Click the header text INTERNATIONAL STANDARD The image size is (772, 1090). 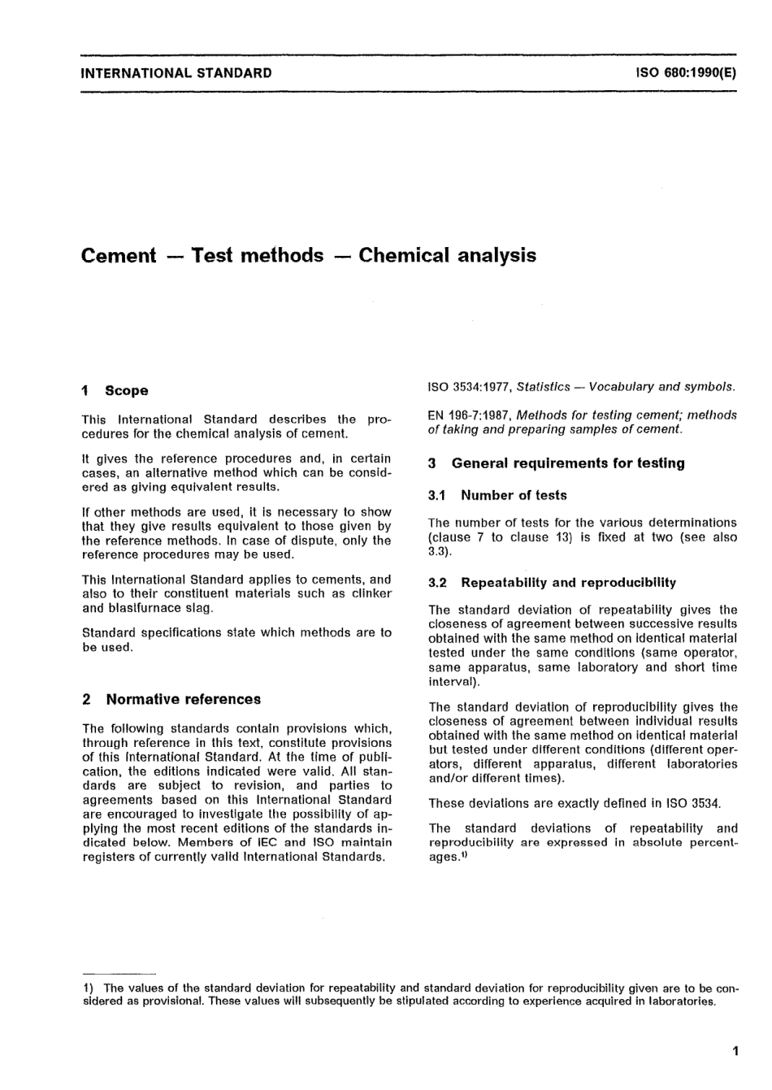(x=176, y=73)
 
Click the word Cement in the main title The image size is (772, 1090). (x=119, y=256)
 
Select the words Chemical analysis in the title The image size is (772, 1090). (x=447, y=256)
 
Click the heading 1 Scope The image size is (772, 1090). (x=115, y=391)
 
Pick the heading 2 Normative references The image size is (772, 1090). (x=171, y=700)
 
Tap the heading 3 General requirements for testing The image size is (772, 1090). (x=557, y=463)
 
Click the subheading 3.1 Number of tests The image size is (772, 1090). (x=497, y=496)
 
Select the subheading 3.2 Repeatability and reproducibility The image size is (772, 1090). (x=553, y=583)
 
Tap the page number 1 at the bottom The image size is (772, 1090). (x=735, y=1052)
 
